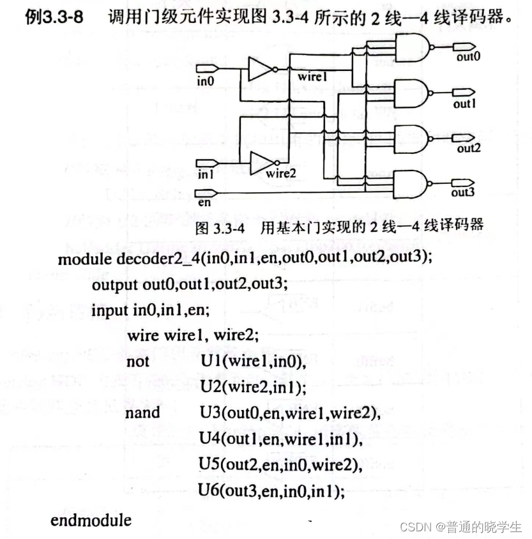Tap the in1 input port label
(205, 174)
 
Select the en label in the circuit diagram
(204, 202)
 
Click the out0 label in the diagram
(468, 57)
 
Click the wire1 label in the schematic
(312, 77)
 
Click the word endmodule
(91, 519)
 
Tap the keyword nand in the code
(142, 413)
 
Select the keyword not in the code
(138, 362)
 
